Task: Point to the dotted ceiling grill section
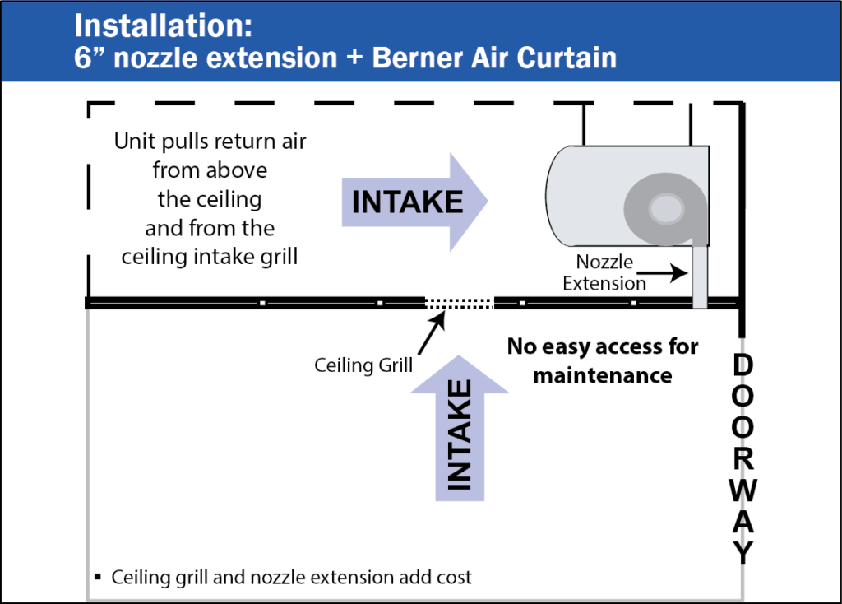pyautogui.click(x=459, y=304)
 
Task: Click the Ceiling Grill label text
pyautogui.click(x=363, y=365)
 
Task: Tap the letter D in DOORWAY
pyautogui.click(x=743, y=365)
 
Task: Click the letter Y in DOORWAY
pyautogui.click(x=743, y=551)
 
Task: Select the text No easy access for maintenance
pyautogui.click(x=602, y=360)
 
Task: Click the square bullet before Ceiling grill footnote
pyautogui.click(x=98, y=576)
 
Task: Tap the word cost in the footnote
pyautogui.click(x=454, y=576)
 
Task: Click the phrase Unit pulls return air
pyautogui.click(x=210, y=142)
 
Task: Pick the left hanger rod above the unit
pyautogui.click(x=583, y=124)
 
